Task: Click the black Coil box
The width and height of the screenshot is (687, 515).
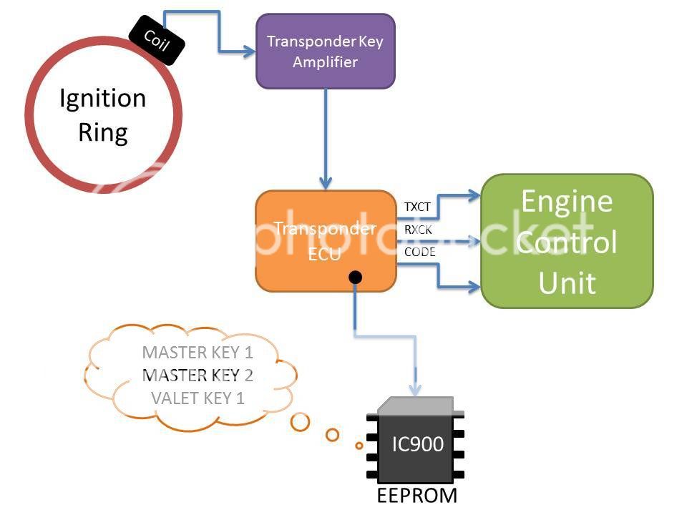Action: click(x=157, y=40)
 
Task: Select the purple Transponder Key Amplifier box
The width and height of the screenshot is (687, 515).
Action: click(x=326, y=51)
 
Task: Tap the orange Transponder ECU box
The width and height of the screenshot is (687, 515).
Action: click(x=326, y=241)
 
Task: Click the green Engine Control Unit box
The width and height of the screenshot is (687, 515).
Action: click(x=567, y=241)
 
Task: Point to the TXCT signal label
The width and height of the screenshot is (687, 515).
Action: click(x=417, y=207)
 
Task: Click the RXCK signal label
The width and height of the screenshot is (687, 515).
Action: click(x=418, y=230)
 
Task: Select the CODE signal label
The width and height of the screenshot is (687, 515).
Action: click(x=420, y=252)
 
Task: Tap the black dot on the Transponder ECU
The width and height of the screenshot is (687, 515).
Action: click(x=355, y=278)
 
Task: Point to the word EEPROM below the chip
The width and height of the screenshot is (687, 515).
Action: click(x=417, y=495)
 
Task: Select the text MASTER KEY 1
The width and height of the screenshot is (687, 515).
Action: click(x=198, y=352)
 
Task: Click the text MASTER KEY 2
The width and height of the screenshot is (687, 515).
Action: click(x=198, y=376)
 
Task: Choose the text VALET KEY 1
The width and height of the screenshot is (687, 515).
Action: click(x=198, y=398)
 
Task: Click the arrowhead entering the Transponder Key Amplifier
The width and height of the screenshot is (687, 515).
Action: click(x=249, y=51)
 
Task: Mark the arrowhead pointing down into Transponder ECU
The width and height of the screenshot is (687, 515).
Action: click(x=326, y=183)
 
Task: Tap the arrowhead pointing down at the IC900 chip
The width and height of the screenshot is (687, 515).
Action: click(x=415, y=389)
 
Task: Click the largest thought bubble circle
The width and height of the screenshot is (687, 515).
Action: click(x=300, y=422)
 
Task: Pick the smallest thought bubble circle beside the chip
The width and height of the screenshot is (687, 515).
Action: click(x=359, y=446)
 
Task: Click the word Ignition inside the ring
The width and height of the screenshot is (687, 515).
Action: click(x=102, y=99)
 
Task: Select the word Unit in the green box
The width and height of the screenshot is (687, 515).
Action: click(x=567, y=283)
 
